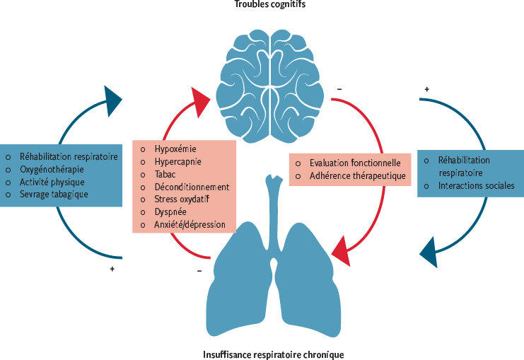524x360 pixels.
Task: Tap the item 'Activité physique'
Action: click(52, 182)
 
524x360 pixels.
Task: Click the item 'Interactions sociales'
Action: click(476, 187)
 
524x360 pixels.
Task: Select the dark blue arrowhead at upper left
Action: click(112, 100)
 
